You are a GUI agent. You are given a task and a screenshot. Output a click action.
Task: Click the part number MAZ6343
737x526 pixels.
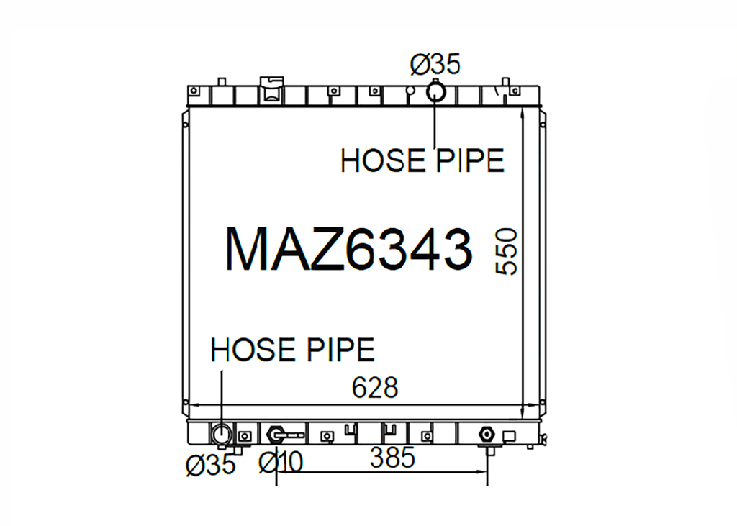(x=348, y=249)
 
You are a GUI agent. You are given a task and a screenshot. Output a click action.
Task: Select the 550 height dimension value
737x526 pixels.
(x=506, y=251)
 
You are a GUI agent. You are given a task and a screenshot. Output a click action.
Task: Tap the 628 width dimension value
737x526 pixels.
(x=374, y=388)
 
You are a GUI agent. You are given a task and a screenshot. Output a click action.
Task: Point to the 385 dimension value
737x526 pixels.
(x=392, y=458)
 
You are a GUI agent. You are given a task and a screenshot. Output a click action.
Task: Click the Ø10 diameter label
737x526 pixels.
(x=281, y=463)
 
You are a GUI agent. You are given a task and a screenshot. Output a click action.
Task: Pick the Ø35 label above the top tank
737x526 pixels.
(x=435, y=64)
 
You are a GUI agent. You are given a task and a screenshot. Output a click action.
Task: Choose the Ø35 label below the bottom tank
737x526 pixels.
(x=211, y=465)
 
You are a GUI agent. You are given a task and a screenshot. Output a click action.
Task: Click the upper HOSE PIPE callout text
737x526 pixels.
(x=422, y=160)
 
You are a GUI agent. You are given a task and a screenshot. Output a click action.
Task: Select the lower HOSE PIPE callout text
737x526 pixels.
(x=292, y=350)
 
